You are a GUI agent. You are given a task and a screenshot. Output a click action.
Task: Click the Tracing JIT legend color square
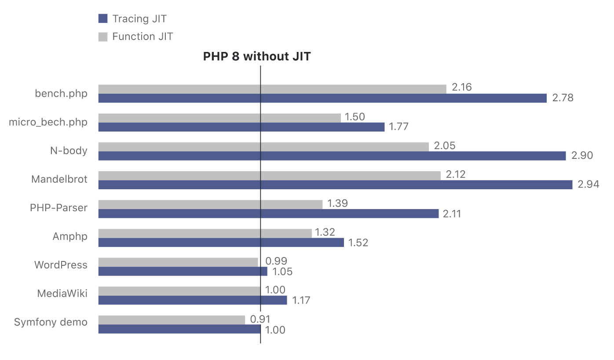coord(103,18)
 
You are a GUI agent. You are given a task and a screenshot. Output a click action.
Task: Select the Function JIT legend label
coord(143,37)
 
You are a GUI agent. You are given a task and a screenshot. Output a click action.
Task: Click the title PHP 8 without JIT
coord(257,56)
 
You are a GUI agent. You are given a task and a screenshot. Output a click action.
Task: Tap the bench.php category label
coord(61,93)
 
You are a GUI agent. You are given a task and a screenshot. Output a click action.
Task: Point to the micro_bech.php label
coord(48,122)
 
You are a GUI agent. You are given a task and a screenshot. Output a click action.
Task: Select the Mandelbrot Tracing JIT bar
coord(335,184)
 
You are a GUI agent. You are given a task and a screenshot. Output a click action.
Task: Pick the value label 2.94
coord(588,184)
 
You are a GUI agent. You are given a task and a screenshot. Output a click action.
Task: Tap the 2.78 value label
coord(563,98)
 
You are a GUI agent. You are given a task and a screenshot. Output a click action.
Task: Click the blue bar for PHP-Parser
coord(268,213)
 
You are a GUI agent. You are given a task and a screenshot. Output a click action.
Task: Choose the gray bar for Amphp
coord(205,233)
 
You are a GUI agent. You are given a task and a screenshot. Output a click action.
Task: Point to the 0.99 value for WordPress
coord(276,261)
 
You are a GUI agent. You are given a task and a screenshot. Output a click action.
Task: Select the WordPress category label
coord(61,265)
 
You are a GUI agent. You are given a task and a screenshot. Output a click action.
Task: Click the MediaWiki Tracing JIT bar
coord(192,300)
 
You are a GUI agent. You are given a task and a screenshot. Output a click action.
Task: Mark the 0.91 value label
coord(260,319)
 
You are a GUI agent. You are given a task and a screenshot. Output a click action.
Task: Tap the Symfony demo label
coord(51,322)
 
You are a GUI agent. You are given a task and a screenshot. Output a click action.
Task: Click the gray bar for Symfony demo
coord(171,320)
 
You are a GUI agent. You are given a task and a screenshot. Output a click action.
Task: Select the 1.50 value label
coord(355,117)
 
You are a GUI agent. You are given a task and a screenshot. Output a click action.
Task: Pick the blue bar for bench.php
coord(322,98)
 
